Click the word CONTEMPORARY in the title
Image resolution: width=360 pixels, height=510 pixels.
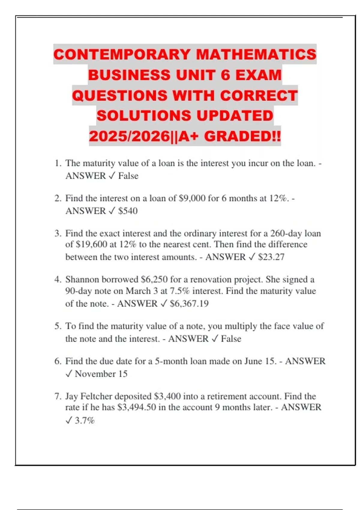click(x=122, y=54)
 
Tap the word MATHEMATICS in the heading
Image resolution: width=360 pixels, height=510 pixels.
click(x=256, y=54)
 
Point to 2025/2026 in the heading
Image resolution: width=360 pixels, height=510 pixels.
click(x=129, y=136)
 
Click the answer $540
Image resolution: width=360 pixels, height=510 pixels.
click(x=128, y=211)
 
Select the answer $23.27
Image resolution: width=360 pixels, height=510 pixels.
click(x=271, y=257)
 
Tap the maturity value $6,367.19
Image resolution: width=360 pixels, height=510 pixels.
click(x=189, y=304)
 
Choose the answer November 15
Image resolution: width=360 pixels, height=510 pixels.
click(x=101, y=374)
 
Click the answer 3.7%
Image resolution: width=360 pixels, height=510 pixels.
click(x=85, y=421)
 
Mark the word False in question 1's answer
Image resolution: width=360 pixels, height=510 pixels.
click(x=128, y=176)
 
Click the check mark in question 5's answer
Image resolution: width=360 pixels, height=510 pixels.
click(x=214, y=339)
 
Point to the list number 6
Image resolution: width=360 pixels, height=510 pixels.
click(x=58, y=361)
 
